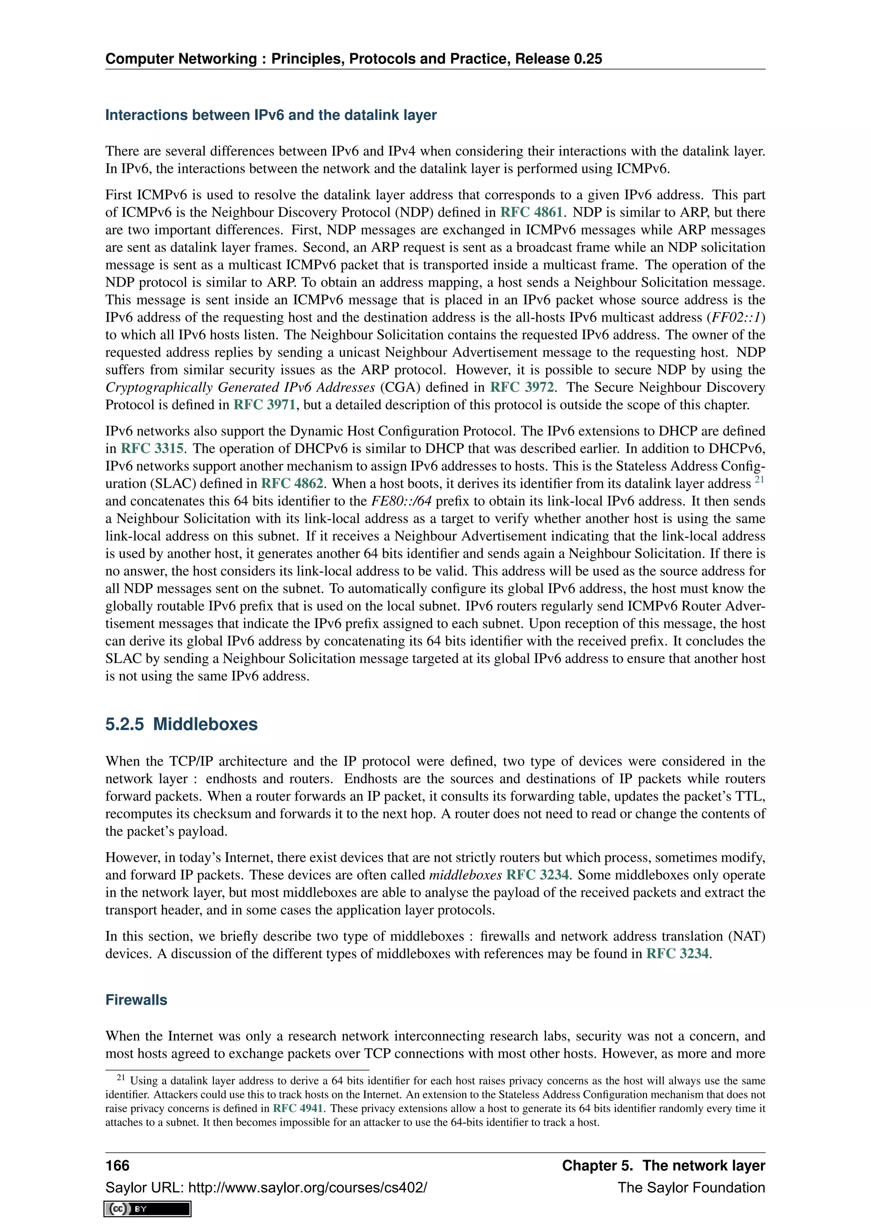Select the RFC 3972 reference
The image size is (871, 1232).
[521, 388]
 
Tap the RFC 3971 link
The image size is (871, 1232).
[265, 405]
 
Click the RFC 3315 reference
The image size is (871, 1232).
[152, 448]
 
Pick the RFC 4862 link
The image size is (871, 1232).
[292, 483]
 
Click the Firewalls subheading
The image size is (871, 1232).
[136, 1000]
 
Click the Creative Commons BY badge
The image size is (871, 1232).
[148, 1209]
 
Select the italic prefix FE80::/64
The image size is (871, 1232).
[401, 501]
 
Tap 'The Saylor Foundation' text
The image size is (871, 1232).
[691, 1187]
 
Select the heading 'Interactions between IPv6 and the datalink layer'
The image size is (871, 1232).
[271, 115]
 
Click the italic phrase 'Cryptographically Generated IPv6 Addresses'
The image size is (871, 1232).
[240, 388]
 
